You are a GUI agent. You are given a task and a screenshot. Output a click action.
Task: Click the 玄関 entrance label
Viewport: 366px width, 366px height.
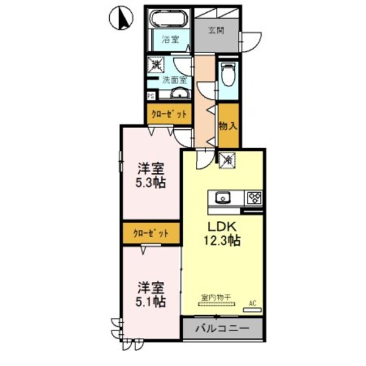[x=216, y=30]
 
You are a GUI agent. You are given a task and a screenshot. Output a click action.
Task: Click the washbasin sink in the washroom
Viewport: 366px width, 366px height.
[x=179, y=93]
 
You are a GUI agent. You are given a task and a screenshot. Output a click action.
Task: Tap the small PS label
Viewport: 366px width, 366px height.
[x=151, y=96]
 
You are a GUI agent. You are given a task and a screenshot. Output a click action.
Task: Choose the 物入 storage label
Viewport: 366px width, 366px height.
[x=229, y=127]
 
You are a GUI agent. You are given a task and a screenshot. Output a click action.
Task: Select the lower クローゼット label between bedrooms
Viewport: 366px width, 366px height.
[x=151, y=233]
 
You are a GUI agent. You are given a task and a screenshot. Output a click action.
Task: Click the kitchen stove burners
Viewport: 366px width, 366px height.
[x=254, y=198]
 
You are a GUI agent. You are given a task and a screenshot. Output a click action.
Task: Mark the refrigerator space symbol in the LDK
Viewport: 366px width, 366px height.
[x=228, y=160]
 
